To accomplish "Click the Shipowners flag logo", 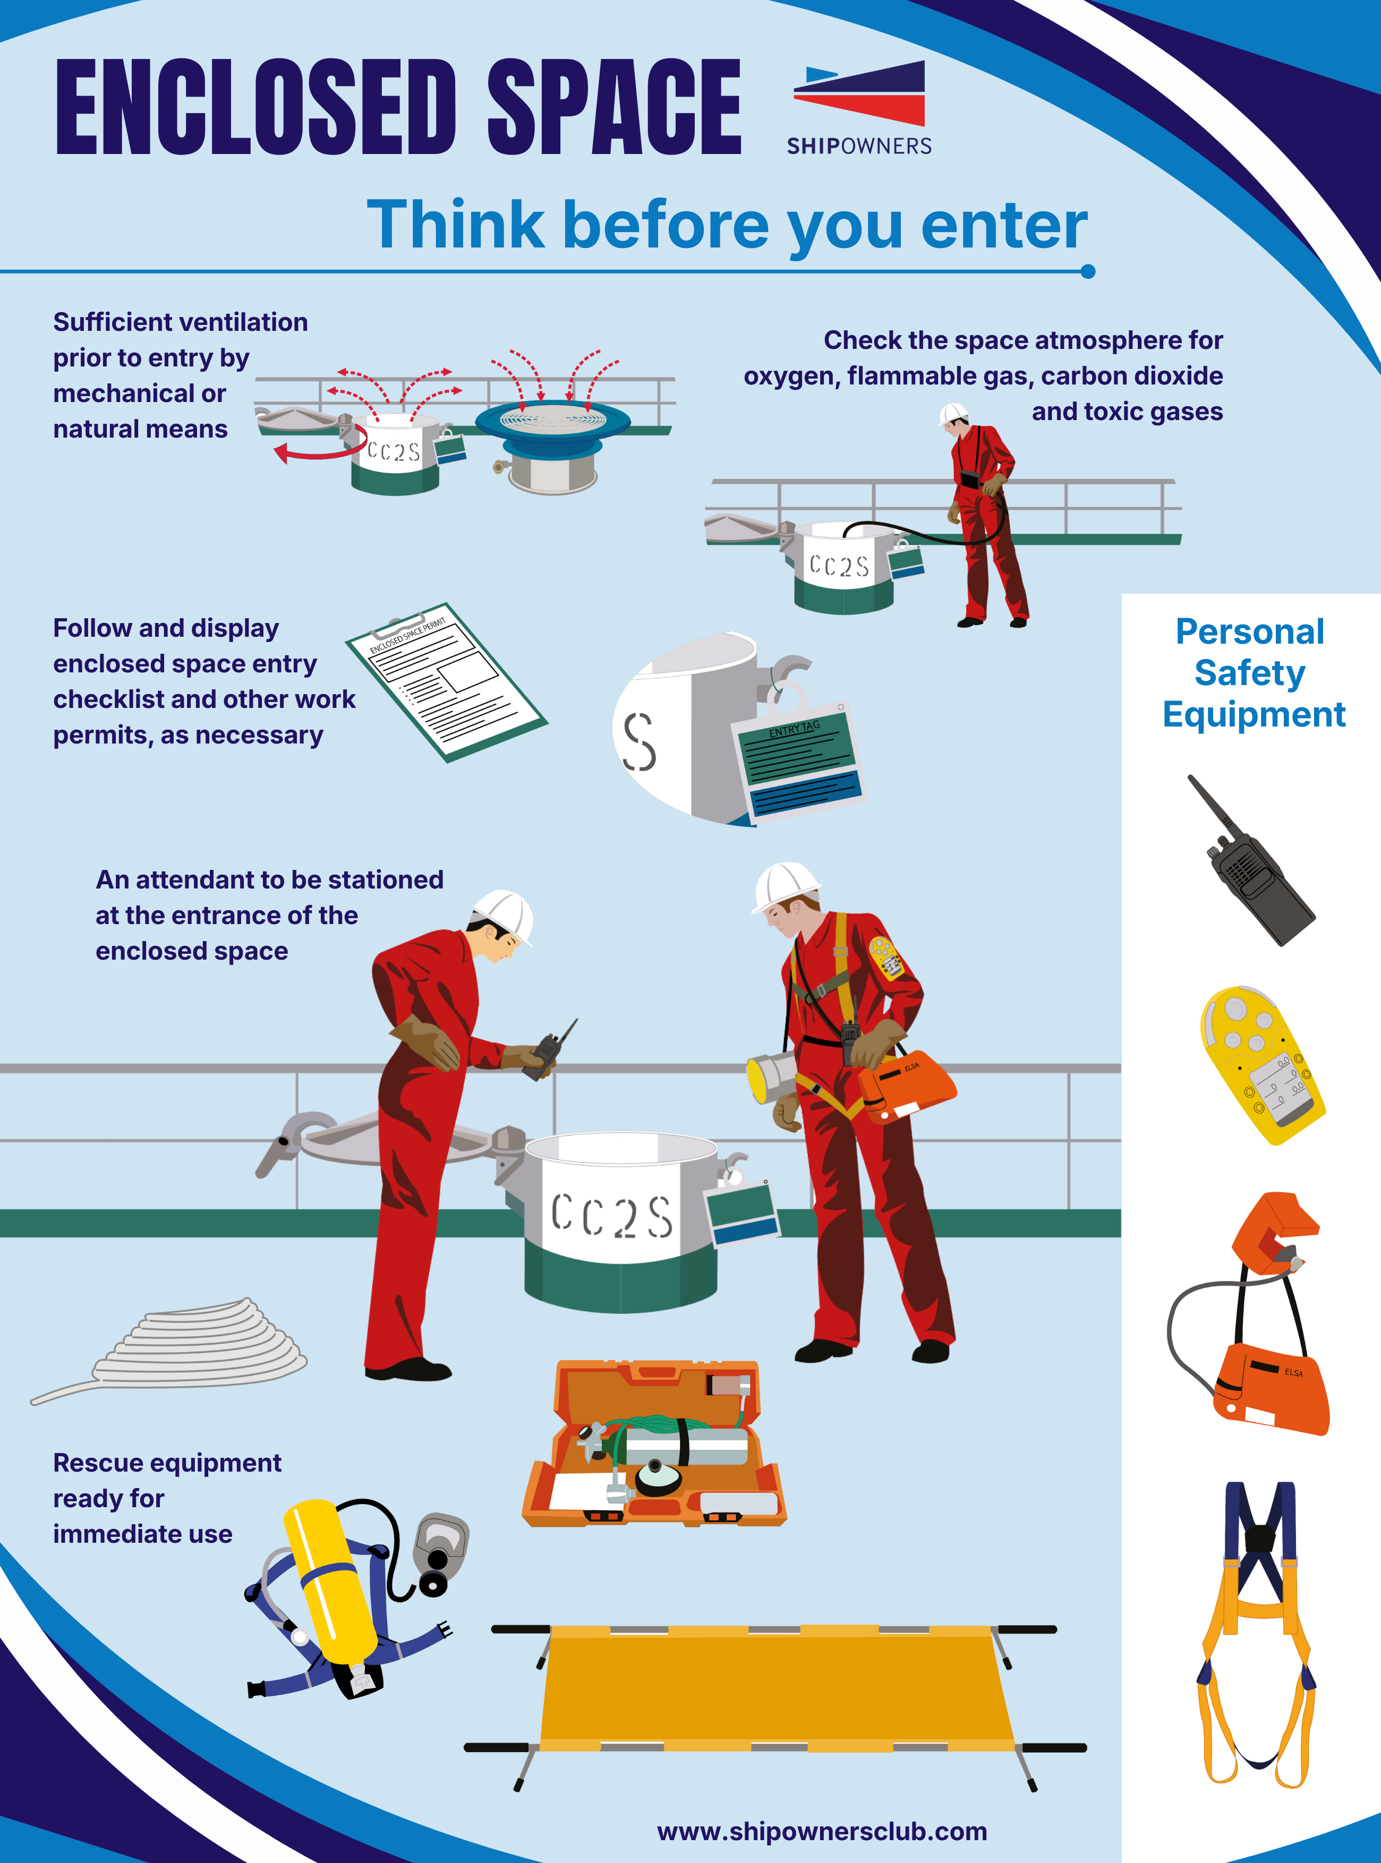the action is click(859, 93).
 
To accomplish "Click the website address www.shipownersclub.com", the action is click(822, 1831).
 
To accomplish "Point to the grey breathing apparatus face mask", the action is click(440, 1552).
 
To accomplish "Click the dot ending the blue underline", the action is click(1088, 271).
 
